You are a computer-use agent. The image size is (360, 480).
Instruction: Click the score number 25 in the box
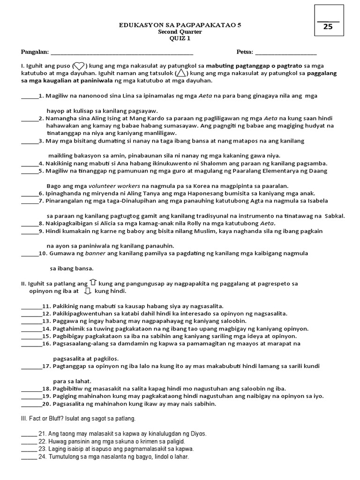(x=328, y=27)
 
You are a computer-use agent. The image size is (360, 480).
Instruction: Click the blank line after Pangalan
(x=121, y=52)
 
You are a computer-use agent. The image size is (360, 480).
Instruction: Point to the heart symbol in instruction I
(x=79, y=66)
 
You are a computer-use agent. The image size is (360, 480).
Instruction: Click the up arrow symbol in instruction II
(x=93, y=282)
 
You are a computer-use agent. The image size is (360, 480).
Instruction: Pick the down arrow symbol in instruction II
(x=87, y=291)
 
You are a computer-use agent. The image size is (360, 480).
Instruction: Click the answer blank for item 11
(x=31, y=307)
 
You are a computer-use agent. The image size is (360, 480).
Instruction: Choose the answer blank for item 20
(x=31, y=404)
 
